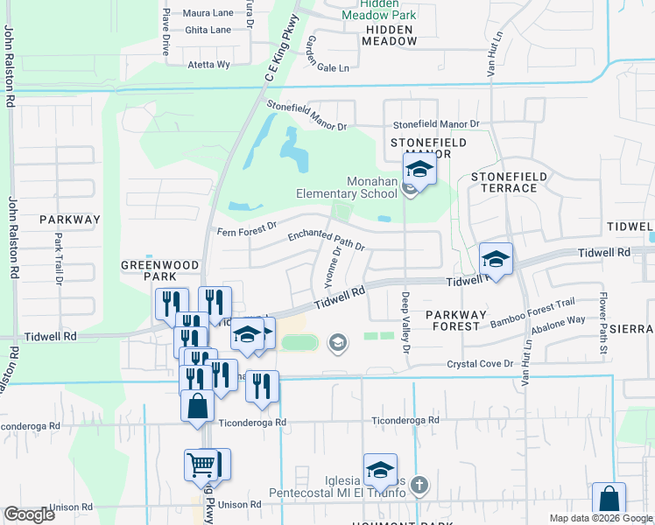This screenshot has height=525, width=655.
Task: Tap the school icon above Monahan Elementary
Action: point(419,170)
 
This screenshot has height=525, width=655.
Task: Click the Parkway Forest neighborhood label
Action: point(453,319)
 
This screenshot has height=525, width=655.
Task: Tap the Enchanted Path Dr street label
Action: point(325,241)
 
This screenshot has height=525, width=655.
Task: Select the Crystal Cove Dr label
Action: point(478,364)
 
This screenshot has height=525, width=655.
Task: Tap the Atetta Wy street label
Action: point(208,65)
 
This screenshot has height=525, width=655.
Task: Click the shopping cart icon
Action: point(201,465)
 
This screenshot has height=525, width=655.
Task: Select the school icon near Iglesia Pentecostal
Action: point(380,470)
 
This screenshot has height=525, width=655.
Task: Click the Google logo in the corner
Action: point(29,514)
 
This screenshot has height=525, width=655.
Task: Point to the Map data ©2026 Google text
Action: point(600,518)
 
